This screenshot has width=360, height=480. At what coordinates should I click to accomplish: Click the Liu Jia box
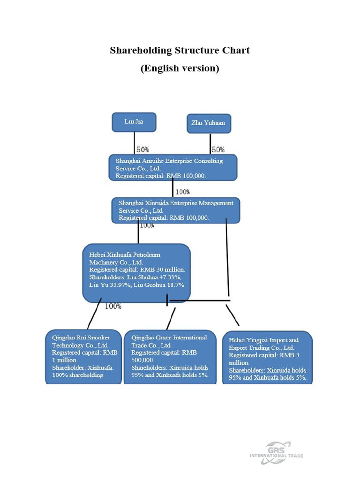pyautogui.click(x=134, y=122)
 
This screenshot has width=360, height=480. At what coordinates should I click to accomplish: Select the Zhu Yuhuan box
pyautogui.click(x=209, y=123)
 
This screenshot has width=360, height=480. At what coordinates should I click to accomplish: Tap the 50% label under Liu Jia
pyautogui.click(x=143, y=150)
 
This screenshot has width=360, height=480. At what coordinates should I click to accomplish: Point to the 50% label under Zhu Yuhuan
pyautogui.click(x=218, y=150)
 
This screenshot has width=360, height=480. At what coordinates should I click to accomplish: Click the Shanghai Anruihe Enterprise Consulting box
pyautogui.click(x=173, y=168)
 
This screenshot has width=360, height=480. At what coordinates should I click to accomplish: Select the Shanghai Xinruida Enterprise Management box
pyautogui.click(x=176, y=210)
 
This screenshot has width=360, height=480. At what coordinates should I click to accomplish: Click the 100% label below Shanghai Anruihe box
pyautogui.click(x=182, y=192)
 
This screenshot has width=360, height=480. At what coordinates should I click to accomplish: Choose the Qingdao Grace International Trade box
pyautogui.click(x=170, y=357)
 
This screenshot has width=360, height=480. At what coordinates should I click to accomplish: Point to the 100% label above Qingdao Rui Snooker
pyautogui.click(x=113, y=307)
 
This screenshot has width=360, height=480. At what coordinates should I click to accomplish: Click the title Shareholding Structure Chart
pyautogui.click(x=180, y=50)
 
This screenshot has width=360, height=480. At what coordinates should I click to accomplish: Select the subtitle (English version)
pyautogui.click(x=180, y=68)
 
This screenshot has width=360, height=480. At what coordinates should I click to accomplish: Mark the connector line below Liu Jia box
pyautogui.click(x=135, y=142)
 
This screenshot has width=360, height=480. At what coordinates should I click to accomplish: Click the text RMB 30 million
pyautogui.click(x=162, y=270)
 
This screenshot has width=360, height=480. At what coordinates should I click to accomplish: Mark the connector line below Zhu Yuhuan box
pyautogui.click(x=210, y=143)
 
